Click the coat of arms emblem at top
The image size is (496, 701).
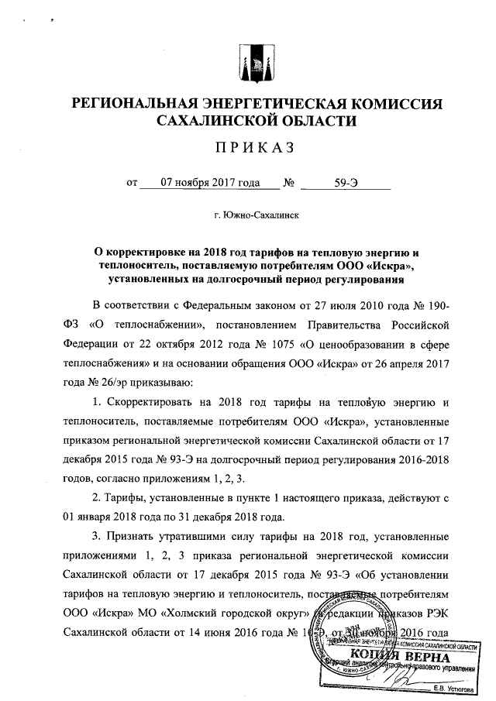[x=253, y=64]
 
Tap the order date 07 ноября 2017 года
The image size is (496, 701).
[x=208, y=184]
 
